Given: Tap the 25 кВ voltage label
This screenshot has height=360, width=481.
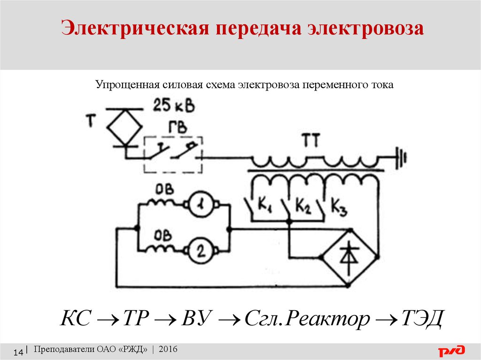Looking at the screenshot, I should tap(173, 106).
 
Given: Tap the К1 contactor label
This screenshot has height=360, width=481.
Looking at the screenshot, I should tap(266, 205).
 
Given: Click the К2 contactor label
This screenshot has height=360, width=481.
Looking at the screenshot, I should tap(303, 205).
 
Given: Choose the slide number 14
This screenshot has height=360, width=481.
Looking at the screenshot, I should tap(19, 352).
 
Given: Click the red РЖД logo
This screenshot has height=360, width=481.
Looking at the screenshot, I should tap(451, 351).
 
